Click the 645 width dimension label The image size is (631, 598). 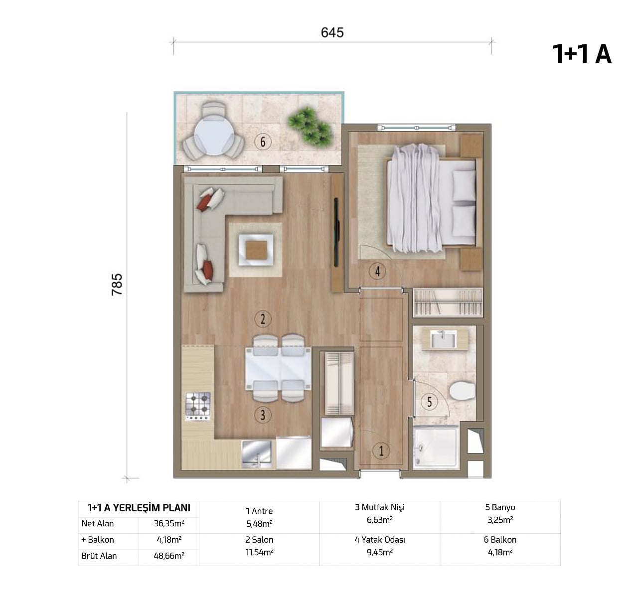coord(332,32)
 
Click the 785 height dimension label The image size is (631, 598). coord(117,285)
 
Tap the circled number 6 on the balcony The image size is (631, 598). coord(263,142)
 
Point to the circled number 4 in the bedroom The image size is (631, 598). coord(377,272)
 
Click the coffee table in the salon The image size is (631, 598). coord(256,250)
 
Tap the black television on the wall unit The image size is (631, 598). coord(336,232)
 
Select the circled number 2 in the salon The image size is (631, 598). coord(263,319)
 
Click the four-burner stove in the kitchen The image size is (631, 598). coord(198,406)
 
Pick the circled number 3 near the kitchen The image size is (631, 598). coord(263,415)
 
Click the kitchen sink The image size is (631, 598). coord(257,453)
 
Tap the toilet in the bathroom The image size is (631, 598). coord(462,391)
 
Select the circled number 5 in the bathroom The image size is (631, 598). coord(430,402)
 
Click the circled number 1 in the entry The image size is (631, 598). coord(381,451)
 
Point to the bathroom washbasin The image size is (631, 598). coord(443,340)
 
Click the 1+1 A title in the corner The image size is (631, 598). coord(582,54)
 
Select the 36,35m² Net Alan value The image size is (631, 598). coord(169,523)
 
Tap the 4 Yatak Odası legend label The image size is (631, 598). coord(380,540)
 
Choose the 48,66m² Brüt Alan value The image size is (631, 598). coord(169,556)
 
